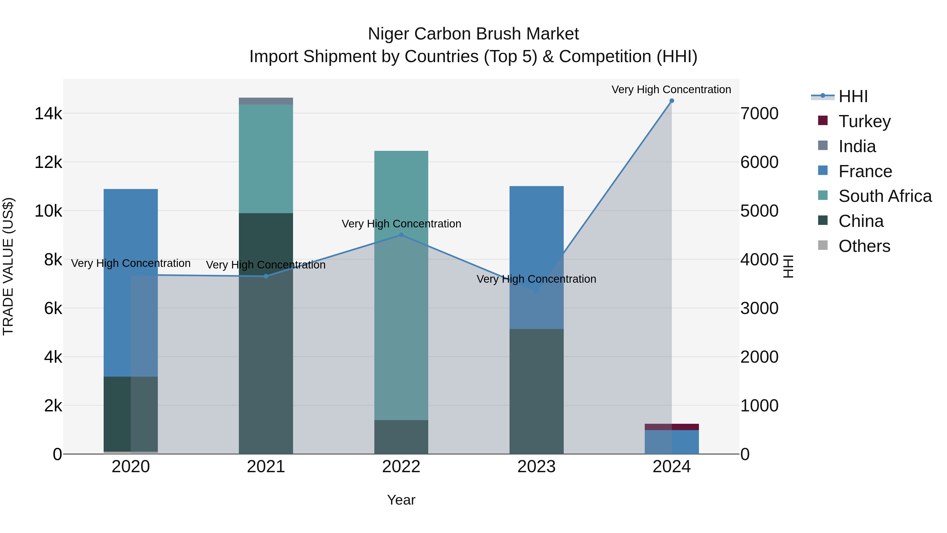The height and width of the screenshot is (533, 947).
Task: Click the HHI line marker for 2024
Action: pyautogui.click(x=672, y=101)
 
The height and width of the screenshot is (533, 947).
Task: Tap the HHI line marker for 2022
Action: pyautogui.click(x=401, y=235)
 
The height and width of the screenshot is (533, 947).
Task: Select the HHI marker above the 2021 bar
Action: pyautogui.click(x=266, y=276)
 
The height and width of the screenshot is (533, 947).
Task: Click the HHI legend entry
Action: pyautogui.click(x=853, y=96)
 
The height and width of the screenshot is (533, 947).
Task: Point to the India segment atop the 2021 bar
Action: pyautogui.click(x=266, y=101)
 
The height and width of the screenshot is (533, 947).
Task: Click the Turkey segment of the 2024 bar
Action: pyautogui.click(x=672, y=427)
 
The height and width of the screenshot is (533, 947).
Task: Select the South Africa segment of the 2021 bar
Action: pyautogui.click(x=266, y=158)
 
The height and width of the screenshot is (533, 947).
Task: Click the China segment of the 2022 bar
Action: pyautogui.click(x=401, y=437)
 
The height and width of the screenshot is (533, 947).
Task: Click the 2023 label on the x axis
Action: pyautogui.click(x=536, y=467)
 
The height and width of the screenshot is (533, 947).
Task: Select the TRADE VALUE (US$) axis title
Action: pyautogui.click(x=8, y=266)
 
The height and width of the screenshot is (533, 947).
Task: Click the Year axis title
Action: pyautogui.click(x=401, y=500)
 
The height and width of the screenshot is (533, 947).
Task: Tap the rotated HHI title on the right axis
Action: pyautogui.click(x=788, y=266)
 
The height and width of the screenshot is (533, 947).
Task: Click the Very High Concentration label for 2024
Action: pyautogui.click(x=671, y=89)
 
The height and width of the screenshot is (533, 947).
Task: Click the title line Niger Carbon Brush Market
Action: pyautogui.click(x=473, y=34)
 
